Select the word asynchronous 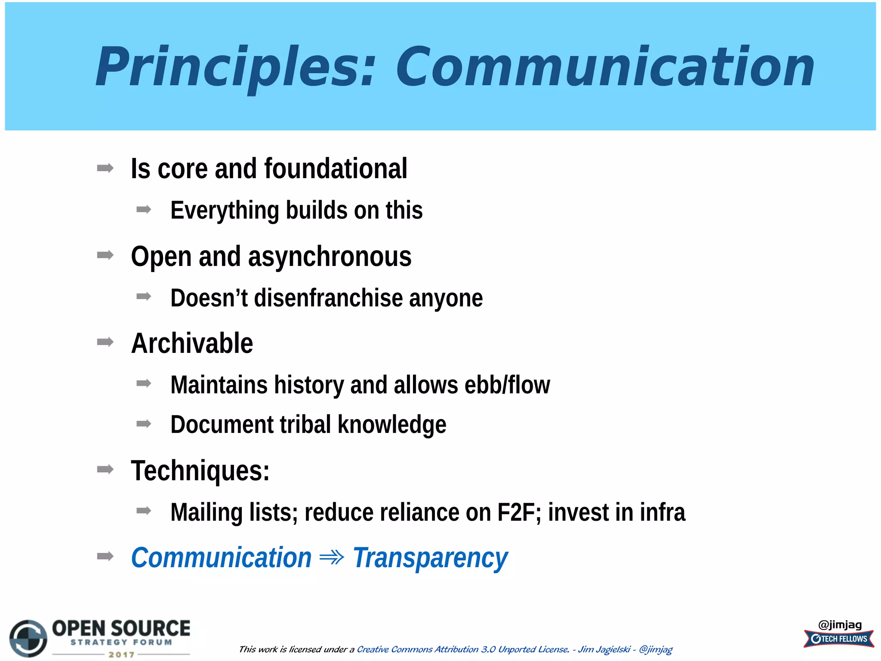pyautogui.click(x=330, y=257)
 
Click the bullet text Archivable pyautogui.click(x=192, y=343)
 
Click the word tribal pyautogui.click(x=305, y=425)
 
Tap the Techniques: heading pyautogui.click(x=200, y=471)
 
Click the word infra pyautogui.click(x=662, y=513)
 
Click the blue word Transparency pyautogui.click(x=430, y=558)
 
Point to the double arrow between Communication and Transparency pyautogui.click(x=332, y=558)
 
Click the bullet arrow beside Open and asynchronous pyautogui.click(x=105, y=256)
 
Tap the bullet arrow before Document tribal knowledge pyautogui.click(x=144, y=424)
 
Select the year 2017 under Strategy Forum pyautogui.click(x=121, y=655)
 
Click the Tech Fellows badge pyautogui.click(x=838, y=639)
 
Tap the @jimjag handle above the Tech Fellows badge pyautogui.click(x=840, y=624)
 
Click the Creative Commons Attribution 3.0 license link pyautogui.click(x=463, y=649)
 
